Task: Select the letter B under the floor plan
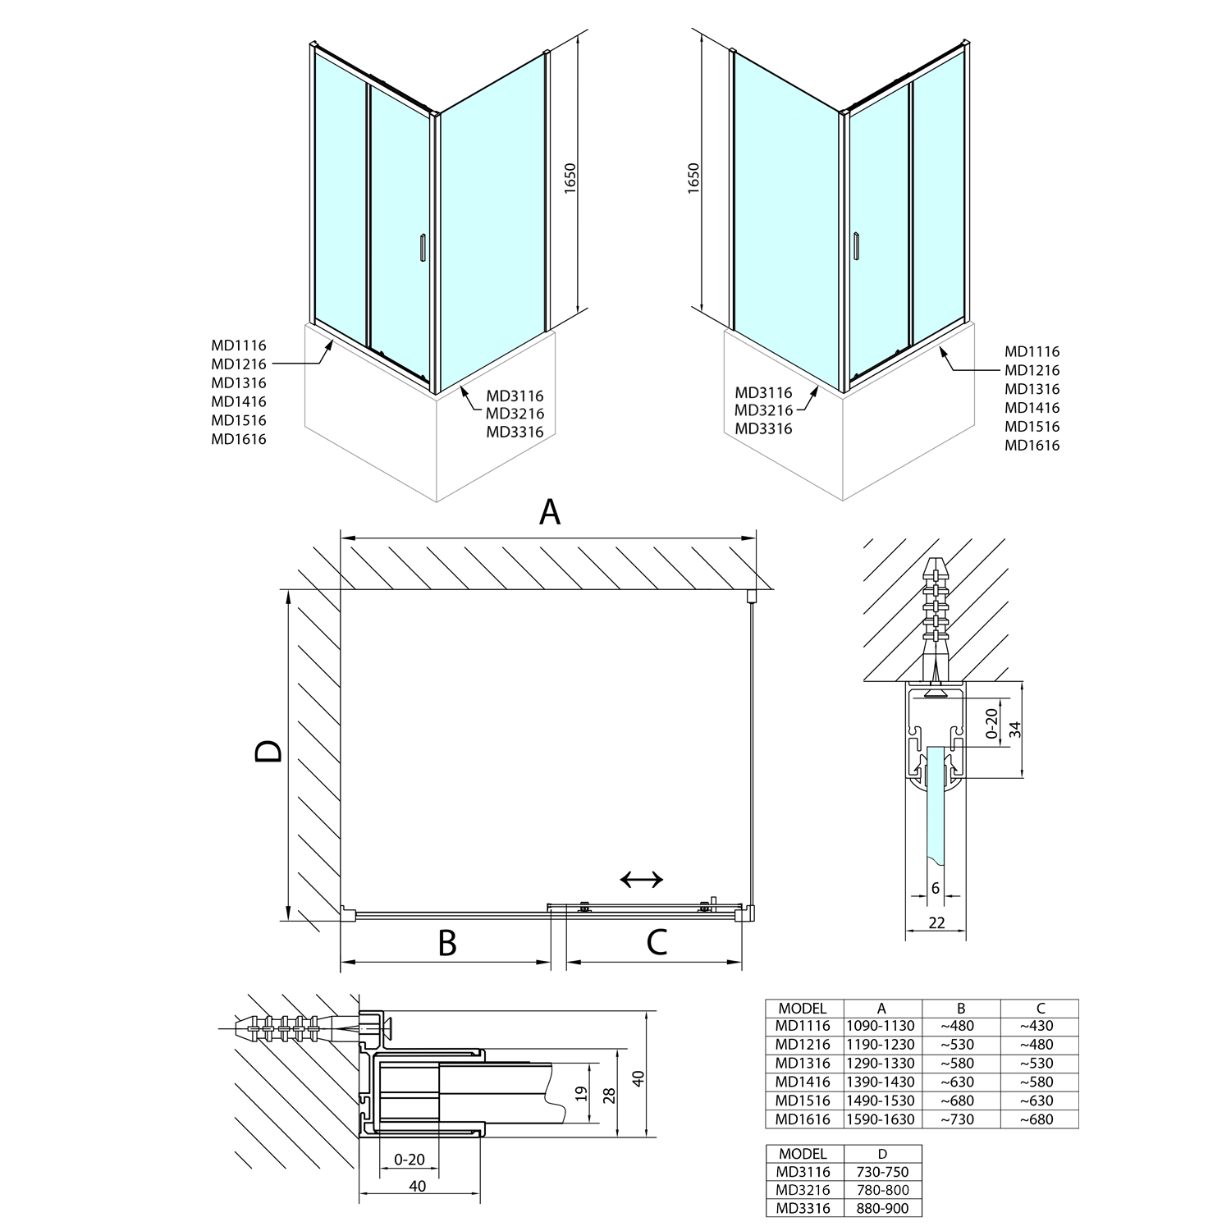[446, 943]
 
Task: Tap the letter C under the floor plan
[657, 943]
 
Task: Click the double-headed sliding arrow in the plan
[642, 880]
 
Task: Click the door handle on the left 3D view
[422, 248]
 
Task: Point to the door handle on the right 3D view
[856, 246]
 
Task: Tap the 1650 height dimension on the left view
[571, 178]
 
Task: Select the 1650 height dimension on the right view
[693, 178]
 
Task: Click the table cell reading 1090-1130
[881, 1026]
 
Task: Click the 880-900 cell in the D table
[882, 1208]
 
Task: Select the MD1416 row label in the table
[803, 1082]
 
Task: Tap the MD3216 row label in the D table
[803, 1190]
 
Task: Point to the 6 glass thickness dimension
[936, 888]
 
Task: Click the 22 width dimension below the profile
[936, 922]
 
